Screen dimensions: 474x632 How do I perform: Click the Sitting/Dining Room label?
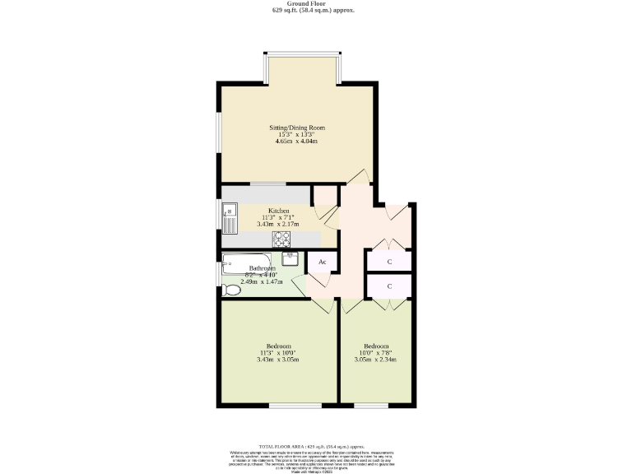pyautogui.click(x=297, y=128)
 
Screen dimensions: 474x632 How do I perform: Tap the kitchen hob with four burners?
pyautogui.click(x=281, y=239)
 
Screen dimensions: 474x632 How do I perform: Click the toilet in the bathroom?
pyautogui.click(x=228, y=289)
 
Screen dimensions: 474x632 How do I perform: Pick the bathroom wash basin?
pyautogui.click(x=290, y=258)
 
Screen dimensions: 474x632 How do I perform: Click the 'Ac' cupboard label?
pyautogui.click(x=323, y=263)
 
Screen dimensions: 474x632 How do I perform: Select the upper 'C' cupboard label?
pyautogui.click(x=389, y=261)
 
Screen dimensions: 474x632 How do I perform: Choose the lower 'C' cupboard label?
pyautogui.click(x=389, y=286)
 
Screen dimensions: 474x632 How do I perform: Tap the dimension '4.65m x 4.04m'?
pyautogui.click(x=296, y=142)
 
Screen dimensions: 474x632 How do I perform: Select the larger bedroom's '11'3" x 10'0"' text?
pyautogui.click(x=277, y=353)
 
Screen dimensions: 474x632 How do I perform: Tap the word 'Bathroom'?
pyautogui.click(x=263, y=268)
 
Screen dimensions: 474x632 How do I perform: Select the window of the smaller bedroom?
pyautogui.click(x=370, y=405)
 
